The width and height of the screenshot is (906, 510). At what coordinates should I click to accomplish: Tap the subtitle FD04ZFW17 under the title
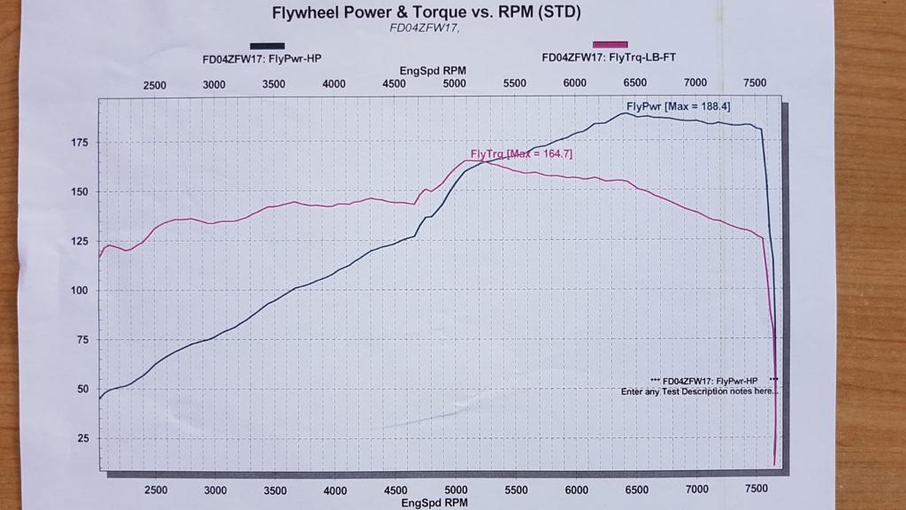(426, 27)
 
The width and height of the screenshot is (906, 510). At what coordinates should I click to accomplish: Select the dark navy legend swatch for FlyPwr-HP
(267, 45)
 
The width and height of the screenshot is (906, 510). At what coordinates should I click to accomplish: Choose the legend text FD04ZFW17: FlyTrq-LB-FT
(609, 58)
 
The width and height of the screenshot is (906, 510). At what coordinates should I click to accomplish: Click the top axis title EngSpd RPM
(433, 70)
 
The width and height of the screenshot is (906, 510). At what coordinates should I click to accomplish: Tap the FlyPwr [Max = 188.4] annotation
(678, 106)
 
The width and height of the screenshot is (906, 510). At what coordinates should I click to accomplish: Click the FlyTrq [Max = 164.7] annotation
(521, 154)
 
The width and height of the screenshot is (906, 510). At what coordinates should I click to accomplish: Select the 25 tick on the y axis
(82, 438)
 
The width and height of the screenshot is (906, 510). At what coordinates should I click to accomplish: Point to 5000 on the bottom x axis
(456, 490)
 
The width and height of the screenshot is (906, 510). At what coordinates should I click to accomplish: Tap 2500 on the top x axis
(154, 85)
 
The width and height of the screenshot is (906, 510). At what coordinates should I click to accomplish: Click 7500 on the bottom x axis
(756, 490)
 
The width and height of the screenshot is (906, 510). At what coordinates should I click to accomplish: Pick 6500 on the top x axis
(634, 82)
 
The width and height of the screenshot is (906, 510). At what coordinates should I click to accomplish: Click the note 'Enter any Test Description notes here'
(698, 390)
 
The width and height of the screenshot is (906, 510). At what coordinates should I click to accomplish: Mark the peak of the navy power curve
(625, 113)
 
